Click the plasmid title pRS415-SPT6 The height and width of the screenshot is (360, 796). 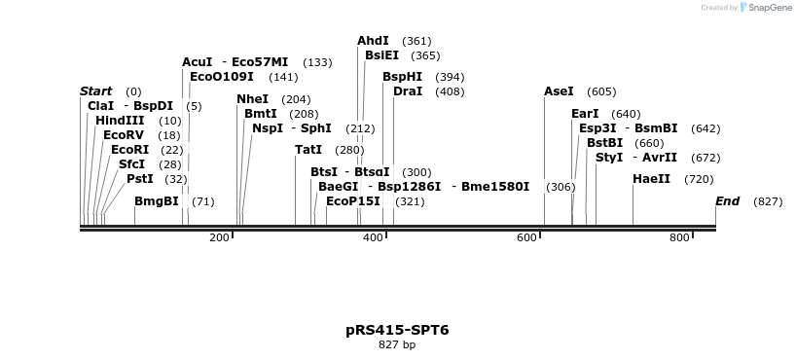397,330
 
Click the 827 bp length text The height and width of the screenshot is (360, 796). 397,344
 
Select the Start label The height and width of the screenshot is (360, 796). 95,91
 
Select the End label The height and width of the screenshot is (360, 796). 727,201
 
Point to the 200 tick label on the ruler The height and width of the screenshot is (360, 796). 219,238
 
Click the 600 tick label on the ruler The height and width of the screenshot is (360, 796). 526,238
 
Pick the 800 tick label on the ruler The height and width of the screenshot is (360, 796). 680,238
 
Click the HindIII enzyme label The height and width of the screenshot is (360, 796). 120,121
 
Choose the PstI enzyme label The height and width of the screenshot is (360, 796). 140,179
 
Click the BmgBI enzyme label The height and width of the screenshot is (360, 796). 157,201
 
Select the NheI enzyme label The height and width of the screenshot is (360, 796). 252,99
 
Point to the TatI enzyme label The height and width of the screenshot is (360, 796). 308,150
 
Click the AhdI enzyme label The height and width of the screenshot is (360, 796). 373,41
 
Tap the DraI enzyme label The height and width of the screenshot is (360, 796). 408,91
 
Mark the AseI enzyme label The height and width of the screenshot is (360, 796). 559,91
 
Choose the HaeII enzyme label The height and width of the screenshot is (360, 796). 651,179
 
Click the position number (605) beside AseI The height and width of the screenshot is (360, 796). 601,91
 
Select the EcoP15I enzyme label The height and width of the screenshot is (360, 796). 353,201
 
